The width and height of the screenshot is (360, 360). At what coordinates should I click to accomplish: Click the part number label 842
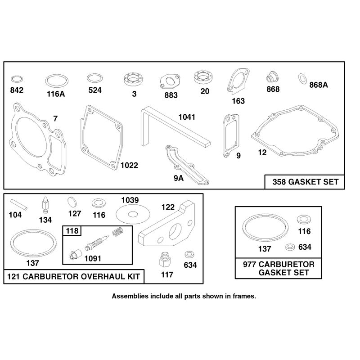17,90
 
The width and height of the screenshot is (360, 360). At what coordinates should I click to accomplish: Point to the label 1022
129,165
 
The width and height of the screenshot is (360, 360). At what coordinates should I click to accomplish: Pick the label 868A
319,85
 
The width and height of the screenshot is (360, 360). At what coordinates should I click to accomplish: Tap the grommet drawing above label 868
273,76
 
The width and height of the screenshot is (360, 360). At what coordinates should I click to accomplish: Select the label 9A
179,178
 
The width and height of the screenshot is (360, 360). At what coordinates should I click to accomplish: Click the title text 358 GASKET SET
306,182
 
